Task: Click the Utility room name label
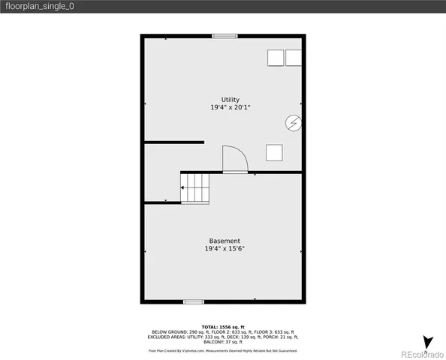(230, 100)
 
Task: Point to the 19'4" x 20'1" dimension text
(230, 107)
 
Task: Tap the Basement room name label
(225, 241)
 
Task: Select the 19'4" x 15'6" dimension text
(225, 248)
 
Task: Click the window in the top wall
(224, 35)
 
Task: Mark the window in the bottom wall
(194, 301)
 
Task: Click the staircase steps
(195, 187)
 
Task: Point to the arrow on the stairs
(184, 188)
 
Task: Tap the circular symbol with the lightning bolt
(293, 122)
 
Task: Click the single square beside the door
(274, 152)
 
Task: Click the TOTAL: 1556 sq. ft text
(223, 326)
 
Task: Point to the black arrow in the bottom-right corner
(427, 343)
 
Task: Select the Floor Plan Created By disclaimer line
(223, 350)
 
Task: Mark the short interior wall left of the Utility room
(174, 141)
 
